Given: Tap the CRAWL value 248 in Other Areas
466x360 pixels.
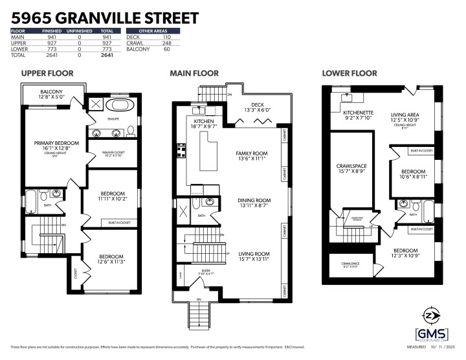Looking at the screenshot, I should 166,43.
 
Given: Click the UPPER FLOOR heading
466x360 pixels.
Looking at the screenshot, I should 47,73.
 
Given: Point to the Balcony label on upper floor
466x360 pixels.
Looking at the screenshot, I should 51,95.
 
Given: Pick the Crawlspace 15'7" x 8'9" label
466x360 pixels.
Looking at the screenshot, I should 351,168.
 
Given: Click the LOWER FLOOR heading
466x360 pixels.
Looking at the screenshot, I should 348,73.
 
